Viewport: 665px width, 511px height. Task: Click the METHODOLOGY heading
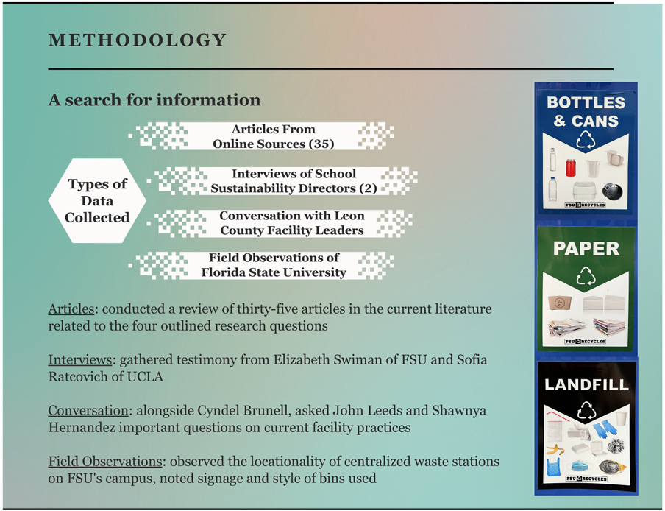pyautogui.click(x=137, y=40)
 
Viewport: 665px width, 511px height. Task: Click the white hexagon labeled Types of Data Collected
pyautogui.click(x=97, y=201)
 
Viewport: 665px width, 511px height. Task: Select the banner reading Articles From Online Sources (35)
pyautogui.click(x=273, y=136)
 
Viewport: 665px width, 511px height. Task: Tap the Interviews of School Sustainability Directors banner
pyautogui.click(x=294, y=181)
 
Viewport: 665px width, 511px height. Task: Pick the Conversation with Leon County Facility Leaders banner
pyautogui.click(x=291, y=223)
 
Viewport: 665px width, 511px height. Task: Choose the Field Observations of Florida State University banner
pyautogui.click(x=274, y=265)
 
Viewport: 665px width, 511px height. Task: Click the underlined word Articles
pyautogui.click(x=70, y=309)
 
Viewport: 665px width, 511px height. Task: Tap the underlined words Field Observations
pyautogui.click(x=104, y=462)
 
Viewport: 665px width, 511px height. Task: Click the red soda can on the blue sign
pyautogui.click(x=570, y=167)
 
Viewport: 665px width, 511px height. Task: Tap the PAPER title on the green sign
pyautogui.click(x=586, y=249)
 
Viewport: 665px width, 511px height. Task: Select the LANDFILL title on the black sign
pyautogui.click(x=586, y=384)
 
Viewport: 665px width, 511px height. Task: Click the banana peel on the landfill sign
pyautogui.click(x=555, y=448)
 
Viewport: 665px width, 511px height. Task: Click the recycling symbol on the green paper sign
pyautogui.click(x=586, y=276)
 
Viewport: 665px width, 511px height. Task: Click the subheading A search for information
pyautogui.click(x=154, y=99)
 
